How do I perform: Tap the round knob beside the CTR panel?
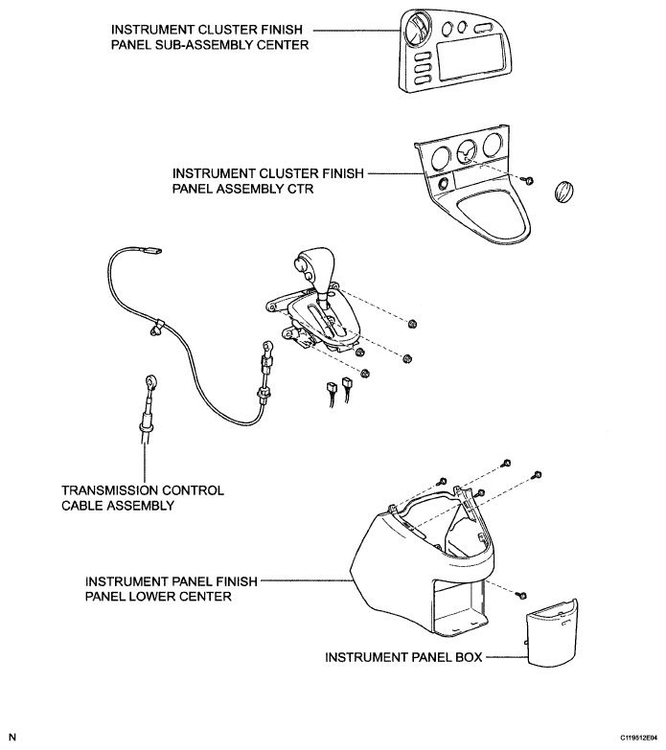(x=563, y=190)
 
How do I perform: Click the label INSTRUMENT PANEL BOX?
(x=403, y=658)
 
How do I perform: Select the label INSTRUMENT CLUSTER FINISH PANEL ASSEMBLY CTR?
(x=267, y=181)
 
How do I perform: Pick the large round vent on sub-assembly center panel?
(x=420, y=34)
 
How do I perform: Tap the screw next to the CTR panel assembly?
(x=528, y=180)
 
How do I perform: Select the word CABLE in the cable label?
(x=82, y=506)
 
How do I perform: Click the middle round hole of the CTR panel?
(x=467, y=150)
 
